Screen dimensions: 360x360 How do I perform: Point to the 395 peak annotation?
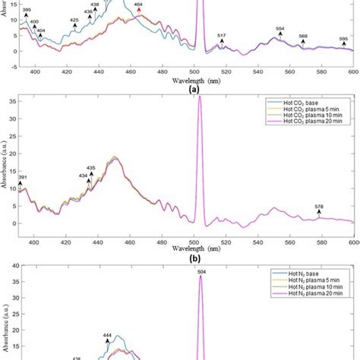(x=27, y=8)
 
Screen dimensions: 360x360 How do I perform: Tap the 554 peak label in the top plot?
(x=280, y=29)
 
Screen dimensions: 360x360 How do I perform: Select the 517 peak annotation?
(x=221, y=36)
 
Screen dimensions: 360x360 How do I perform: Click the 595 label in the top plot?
(x=343, y=39)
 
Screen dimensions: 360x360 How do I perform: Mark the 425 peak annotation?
(x=74, y=19)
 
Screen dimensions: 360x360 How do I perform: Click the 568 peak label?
(x=303, y=36)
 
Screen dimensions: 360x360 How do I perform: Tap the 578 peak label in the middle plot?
(x=319, y=207)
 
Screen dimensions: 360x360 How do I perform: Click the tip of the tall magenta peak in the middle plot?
(x=200, y=97)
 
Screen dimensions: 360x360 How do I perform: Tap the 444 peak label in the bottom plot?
(x=108, y=335)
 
